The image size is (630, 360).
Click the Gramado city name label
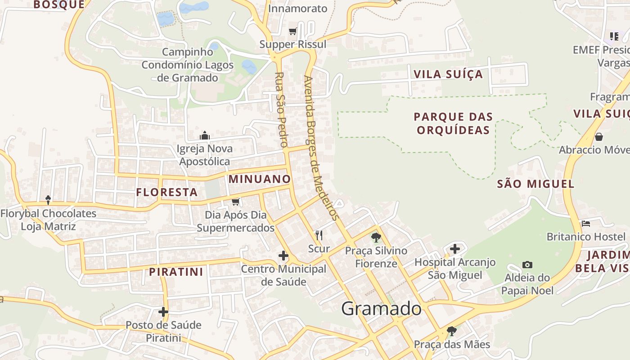tap(381, 309)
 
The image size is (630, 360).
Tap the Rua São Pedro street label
tap(281, 110)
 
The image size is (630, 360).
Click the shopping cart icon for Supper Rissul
tap(293, 31)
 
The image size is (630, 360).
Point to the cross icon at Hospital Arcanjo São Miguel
tap(455, 248)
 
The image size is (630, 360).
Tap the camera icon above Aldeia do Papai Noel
tap(527, 265)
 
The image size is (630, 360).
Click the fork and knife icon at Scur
tap(319, 235)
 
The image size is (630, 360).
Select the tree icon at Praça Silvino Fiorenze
tap(376, 237)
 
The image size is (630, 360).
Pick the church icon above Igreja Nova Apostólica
tap(205, 135)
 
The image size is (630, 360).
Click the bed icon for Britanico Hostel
tap(585, 223)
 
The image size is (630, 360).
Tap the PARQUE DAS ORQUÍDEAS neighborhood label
tap(453, 123)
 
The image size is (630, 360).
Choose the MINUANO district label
tap(260, 179)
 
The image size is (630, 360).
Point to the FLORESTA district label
tap(167, 193)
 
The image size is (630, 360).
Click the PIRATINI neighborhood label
tap(176, 272)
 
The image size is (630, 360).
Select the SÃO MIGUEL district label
tap(535, 184)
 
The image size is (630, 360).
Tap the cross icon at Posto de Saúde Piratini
tap(163, 311)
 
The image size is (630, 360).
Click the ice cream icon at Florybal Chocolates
tap(48, 199)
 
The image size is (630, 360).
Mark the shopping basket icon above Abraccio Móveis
tap(599, 136)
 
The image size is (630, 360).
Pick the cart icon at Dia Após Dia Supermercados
tap(235, 201)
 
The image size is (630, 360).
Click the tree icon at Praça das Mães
tap(452, 332)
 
